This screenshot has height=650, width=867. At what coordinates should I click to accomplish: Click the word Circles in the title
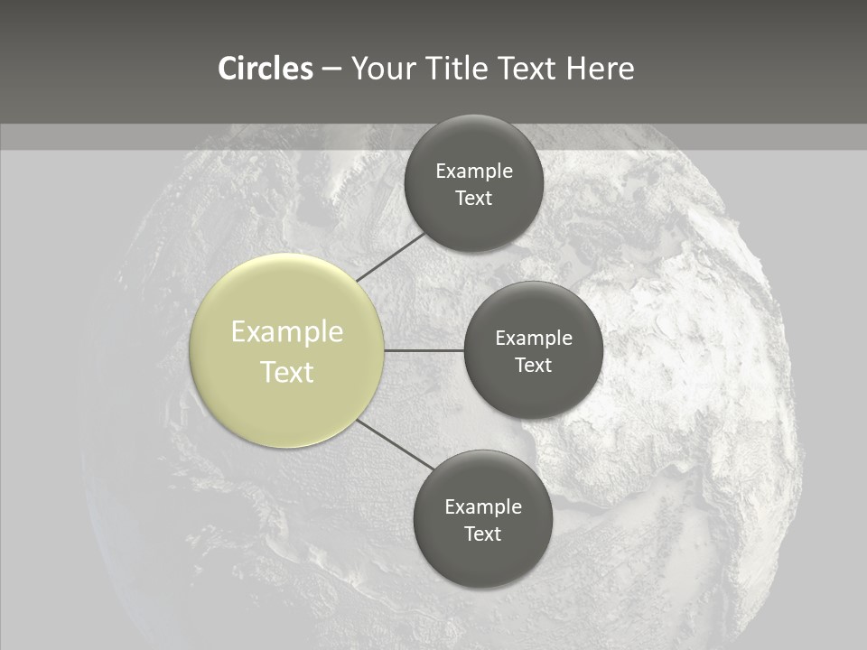(x=265, y=69)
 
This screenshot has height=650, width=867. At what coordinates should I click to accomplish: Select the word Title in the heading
(x=463, y=69)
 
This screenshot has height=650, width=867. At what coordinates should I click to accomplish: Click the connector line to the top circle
(x=390, y=256)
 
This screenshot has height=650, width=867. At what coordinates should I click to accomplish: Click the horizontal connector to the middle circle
(x=424, y=350)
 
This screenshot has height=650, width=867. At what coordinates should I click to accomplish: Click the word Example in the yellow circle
(x=287, y=332)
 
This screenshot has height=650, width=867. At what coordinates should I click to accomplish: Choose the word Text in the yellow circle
(x=287, y=372)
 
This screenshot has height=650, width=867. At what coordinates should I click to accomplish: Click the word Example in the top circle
(x=474, y=171)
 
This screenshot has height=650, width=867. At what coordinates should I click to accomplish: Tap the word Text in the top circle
(x=474, y=198)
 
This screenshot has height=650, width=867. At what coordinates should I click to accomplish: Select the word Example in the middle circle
(x=533, y=338)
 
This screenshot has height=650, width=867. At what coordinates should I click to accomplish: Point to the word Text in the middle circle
(x=533, y=365)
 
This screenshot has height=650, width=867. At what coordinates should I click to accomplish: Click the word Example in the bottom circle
(x=482, y=506)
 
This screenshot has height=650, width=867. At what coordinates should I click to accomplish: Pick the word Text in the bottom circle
(x=482, y=534)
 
